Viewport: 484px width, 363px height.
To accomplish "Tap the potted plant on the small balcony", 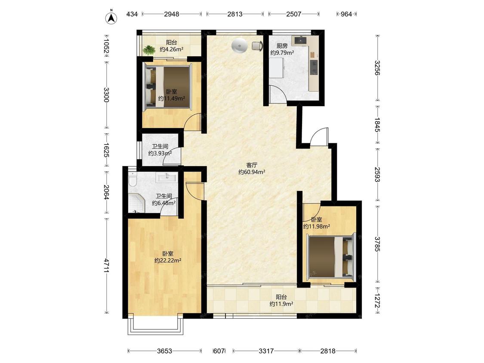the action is click(149, 50).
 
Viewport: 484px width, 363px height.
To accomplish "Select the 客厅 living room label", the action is click(252, 165).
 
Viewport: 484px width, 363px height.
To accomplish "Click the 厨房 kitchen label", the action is click(282, 46).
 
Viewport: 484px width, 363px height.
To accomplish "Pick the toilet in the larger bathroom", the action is click(133, 179).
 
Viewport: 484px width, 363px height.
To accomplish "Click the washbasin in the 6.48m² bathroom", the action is click(167, 178).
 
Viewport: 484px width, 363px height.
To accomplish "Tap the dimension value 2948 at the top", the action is click(171, 14).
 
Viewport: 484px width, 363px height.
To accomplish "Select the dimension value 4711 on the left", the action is click(107, 265).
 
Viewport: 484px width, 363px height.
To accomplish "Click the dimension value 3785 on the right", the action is click(377, 244).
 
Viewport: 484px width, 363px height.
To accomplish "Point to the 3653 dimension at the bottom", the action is click(164, 351).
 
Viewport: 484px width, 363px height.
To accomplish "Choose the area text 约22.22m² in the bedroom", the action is click(168, 261).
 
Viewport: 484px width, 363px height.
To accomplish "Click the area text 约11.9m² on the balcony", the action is click(281, 304).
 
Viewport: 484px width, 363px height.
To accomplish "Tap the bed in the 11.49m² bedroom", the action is click(169, 87).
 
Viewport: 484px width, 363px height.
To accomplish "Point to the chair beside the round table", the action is click(258, 46).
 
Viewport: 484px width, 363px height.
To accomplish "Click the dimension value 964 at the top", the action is click(346, 14).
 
